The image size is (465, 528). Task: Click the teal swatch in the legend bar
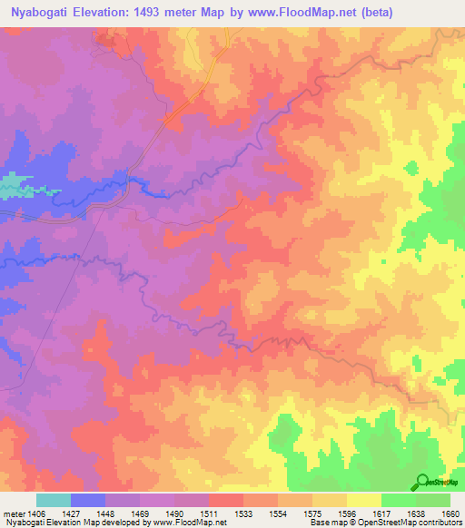coord(54,501)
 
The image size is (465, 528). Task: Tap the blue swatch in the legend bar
coord(88,501)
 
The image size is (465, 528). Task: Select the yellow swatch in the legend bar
coord(363,501)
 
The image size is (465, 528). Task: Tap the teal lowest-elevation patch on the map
coord(10,186)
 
